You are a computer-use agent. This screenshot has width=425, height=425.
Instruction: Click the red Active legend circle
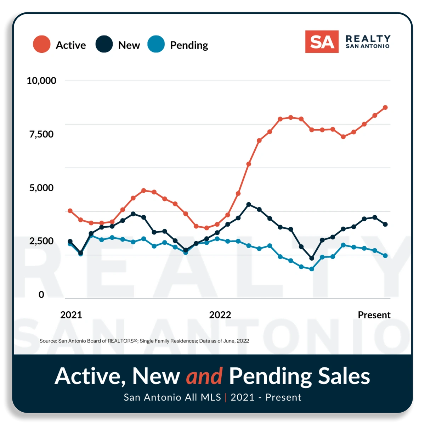42,45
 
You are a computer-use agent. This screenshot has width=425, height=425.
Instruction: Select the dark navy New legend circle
104,45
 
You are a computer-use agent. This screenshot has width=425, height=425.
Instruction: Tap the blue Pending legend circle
156,45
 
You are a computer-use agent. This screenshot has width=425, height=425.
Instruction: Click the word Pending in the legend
189,45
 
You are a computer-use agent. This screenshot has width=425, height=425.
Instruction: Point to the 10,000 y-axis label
41,81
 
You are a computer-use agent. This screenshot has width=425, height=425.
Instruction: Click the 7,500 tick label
41,134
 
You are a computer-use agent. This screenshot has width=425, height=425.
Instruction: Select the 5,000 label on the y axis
41,188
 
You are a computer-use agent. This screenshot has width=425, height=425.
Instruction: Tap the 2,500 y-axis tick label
41,241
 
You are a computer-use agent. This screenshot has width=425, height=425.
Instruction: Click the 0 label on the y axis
41,295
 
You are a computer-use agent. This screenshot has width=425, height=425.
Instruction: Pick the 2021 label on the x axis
71,315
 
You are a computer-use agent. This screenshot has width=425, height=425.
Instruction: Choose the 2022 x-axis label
220,315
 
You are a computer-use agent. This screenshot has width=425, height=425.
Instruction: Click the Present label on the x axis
374,315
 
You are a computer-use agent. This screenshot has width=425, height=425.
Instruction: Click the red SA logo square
322,42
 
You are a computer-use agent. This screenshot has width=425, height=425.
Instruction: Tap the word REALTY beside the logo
368,38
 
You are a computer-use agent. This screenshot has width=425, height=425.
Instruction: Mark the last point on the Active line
385,108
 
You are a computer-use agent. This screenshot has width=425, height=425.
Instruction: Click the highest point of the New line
249,204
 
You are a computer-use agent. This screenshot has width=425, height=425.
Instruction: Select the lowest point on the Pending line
312,269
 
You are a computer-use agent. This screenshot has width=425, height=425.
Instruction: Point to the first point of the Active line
70,211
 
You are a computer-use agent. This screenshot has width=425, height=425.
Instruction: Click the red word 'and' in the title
204,376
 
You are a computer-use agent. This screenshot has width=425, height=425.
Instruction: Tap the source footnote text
144,341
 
